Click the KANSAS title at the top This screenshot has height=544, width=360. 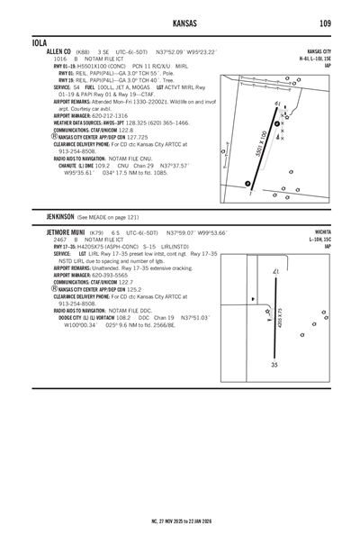180,22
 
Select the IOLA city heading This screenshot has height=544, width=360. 38,42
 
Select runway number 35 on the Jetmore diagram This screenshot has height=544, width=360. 274,365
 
